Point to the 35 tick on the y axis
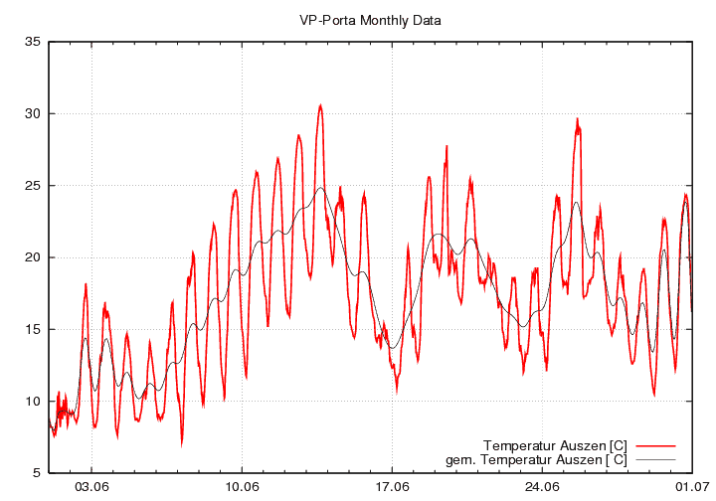(33, 42)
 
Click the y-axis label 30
(33, 113)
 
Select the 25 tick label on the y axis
(33, 186)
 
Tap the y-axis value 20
(33, 257)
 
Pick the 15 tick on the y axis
(33, 329)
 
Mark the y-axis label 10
(33, 401)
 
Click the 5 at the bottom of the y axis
(36, 473)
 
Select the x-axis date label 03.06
(92, 487)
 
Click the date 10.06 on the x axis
(243, 487)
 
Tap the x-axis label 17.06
(393, 487)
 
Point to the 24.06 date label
(543, 487)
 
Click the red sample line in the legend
(654, 443)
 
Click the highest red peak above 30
(320, 104)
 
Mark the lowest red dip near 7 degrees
(182, 442)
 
